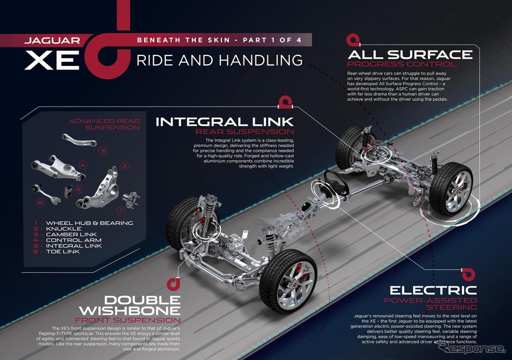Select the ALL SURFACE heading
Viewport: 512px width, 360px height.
tap(410, 54)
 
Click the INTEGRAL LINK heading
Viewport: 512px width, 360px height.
tap(224, 122)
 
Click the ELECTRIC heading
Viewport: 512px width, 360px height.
tap(443, 290)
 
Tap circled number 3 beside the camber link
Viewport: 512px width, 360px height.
tap(102, 151)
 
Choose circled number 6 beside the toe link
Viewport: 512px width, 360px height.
tap(40, 202)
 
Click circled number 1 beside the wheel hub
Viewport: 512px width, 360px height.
tap(121, 209)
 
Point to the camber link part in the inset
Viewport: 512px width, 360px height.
tap(80, 141)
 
